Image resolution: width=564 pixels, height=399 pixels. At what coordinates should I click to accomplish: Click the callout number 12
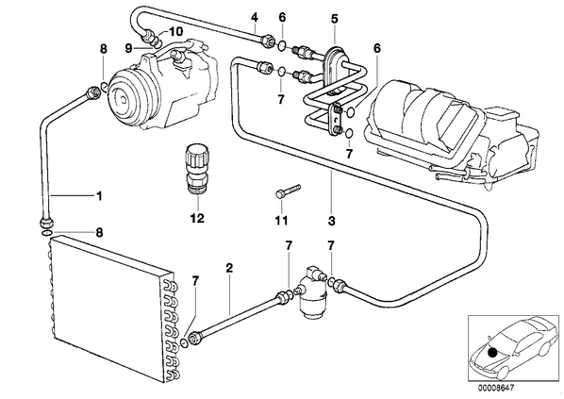tap(197, 219)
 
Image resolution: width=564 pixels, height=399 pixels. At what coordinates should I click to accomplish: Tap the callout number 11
tap(281, 220)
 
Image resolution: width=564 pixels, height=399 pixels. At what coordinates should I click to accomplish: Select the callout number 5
tap(335, 18)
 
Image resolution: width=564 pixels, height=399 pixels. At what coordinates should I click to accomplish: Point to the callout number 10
tap(175, 32)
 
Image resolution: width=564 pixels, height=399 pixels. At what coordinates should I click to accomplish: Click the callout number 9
tap(129, 48)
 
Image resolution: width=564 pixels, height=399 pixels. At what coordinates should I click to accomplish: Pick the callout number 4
tap(255, 17)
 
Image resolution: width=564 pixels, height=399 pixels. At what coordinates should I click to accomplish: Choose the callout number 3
tap(332, 221)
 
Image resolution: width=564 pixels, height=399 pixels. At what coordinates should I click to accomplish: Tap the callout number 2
tap(229, 267)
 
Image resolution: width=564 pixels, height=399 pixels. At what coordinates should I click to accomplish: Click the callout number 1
tap(99, 196)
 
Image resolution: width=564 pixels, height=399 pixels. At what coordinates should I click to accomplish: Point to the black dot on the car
tap(492, 354)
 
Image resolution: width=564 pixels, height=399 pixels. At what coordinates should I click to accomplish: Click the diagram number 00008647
tap(496, 388)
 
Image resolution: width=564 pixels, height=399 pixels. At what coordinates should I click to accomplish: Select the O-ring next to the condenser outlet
tap(184, 342)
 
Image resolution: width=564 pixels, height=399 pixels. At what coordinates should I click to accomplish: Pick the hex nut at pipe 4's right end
tap(267, 40)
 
